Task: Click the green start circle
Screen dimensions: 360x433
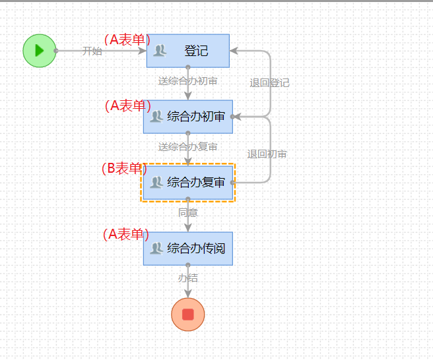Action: point(39,51)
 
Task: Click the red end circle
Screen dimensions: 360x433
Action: point(187,314)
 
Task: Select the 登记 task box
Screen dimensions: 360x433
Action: point(188,51)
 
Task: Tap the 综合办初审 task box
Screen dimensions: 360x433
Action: point(188,117)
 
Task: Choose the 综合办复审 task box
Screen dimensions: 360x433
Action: point(188,182)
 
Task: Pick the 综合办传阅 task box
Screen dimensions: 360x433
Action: point(188,248)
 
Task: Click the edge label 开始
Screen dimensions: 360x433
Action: point(92,51)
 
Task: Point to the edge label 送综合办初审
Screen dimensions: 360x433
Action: point(188,81)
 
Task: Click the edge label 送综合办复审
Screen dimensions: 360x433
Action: point(188,146)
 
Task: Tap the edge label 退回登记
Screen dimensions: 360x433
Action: point(269,83)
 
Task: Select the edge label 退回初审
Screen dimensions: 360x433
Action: point(267,154)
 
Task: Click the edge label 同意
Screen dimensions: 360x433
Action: point(188,212)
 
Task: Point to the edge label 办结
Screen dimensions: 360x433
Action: point(188,278)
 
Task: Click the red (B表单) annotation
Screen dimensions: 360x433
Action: point(125,169)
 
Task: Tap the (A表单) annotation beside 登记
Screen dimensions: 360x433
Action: point(127,40)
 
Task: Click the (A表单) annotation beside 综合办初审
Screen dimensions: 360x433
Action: point(127,105)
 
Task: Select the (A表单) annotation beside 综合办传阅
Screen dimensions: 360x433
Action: point(126,234)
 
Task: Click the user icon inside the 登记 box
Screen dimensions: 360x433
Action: point(160,50)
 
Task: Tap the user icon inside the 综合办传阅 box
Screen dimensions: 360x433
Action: point(156,248)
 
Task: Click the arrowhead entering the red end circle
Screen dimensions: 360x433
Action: point(188,293)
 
